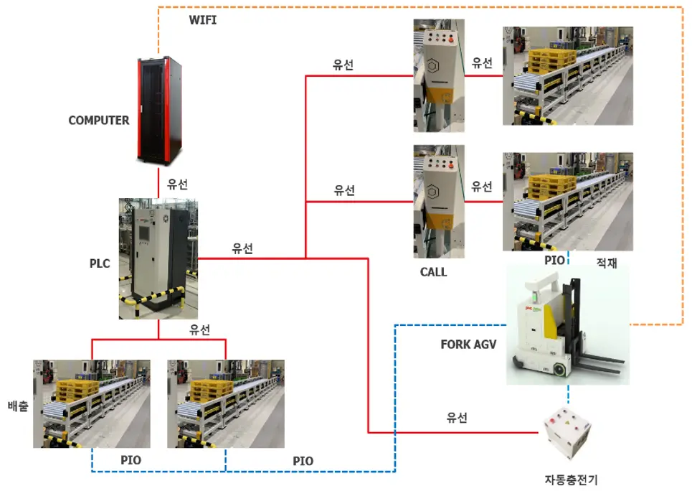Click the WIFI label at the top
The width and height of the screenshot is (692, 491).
point(202,20)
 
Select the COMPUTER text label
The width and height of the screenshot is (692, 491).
point(99,121)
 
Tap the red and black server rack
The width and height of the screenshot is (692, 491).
point(160,109)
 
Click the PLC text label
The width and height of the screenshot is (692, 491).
point(100,263)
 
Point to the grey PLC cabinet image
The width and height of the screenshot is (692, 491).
point(158,258)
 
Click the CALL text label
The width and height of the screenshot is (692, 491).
point(433,272)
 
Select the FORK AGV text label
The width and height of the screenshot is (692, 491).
point(468,344)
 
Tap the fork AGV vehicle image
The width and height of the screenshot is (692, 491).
point(567,322)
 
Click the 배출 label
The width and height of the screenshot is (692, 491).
point(17,404)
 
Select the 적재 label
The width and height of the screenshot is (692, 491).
point(607,263)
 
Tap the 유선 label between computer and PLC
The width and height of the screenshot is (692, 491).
point(178,183)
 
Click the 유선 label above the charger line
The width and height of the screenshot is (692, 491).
point(457,417)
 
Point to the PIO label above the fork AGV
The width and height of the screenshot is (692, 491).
point(554,260)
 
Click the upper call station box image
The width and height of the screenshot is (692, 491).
point(439,75)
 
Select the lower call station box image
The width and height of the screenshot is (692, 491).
point(439,201)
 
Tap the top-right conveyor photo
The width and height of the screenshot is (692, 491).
point(568,75)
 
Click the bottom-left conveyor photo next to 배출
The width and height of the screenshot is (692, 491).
point(92,403)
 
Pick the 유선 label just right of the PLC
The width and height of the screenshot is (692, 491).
point(242,248)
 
